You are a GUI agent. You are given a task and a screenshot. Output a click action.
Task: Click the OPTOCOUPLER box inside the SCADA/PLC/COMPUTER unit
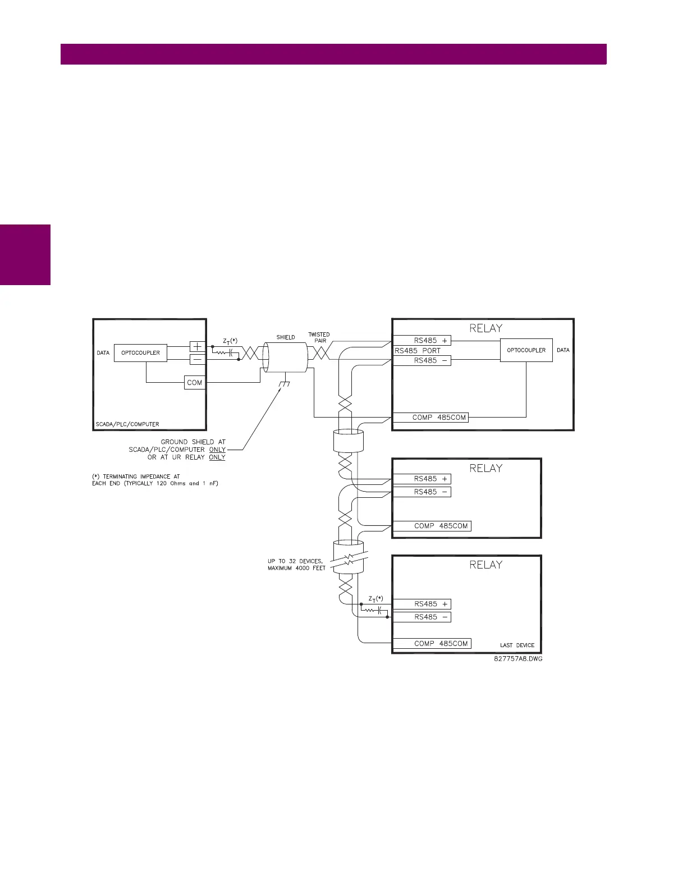[x=140, y=353]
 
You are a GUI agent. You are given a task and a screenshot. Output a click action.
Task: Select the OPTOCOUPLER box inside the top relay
[x=526, y=350]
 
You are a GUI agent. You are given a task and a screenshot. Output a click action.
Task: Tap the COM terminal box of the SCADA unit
[x=195, y=383]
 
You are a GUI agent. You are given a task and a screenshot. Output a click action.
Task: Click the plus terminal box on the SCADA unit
[x=198, y=347]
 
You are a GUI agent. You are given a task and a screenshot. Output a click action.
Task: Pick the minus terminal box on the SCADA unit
[x=198, y=359]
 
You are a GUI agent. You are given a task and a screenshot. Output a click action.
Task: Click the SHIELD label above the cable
[x=286, y=337]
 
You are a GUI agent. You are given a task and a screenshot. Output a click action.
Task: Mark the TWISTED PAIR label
[x=319, y=337]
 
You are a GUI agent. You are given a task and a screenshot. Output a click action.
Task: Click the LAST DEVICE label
[x=517, y=645]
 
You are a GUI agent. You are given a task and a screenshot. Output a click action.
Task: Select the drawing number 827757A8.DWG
[x=518, y=659]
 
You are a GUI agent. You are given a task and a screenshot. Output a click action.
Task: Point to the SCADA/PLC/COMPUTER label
[x=127, y=424]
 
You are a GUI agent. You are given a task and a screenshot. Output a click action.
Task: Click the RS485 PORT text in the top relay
[x=418, y=351]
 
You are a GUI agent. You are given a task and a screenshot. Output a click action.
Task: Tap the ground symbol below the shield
[x=285, y=384]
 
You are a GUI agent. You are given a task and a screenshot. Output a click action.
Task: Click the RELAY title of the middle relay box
[x=486, y=468]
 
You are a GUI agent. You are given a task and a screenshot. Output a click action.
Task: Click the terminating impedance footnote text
[x=155, y=480]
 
